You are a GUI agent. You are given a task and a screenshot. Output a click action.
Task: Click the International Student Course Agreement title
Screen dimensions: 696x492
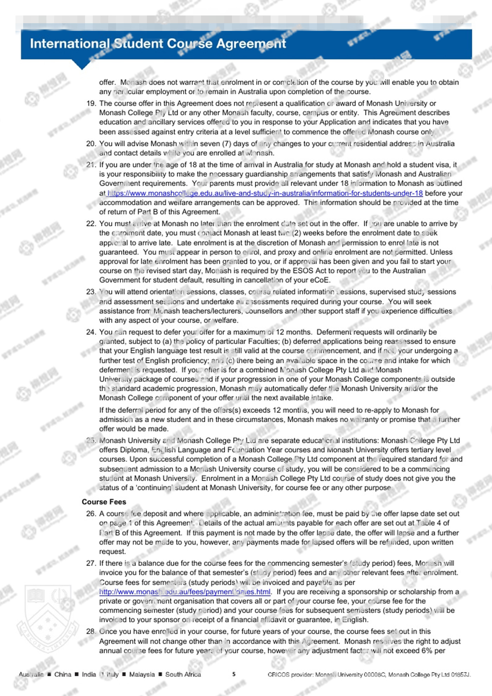(158, 44)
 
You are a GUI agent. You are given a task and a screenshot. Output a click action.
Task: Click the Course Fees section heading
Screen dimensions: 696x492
(104, 502)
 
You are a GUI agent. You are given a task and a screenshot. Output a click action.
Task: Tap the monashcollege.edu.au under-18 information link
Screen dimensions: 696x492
(265, 193)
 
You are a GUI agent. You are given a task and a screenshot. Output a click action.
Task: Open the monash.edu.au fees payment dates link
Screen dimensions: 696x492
(185, 592)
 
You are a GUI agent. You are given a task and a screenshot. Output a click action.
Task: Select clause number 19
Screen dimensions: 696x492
(91, 103)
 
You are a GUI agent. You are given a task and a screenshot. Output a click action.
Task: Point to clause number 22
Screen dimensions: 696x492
(91, 224)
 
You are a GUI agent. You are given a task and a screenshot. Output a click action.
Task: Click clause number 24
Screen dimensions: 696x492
(91, 332)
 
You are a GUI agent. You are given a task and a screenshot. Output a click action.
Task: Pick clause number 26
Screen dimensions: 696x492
(91, 514)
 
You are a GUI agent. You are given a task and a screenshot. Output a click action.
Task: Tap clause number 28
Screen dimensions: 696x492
(91, 631)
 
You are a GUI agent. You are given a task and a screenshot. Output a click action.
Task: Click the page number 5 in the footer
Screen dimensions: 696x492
(234, 674)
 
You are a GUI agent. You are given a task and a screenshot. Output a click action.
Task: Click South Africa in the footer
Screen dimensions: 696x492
(183, 674)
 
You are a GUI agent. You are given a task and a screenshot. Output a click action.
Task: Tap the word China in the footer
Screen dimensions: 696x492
(63, 674)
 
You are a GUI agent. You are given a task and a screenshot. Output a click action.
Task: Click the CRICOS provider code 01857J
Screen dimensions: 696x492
(460, 674)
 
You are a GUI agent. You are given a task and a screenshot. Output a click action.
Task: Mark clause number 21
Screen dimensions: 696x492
(91, 165)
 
